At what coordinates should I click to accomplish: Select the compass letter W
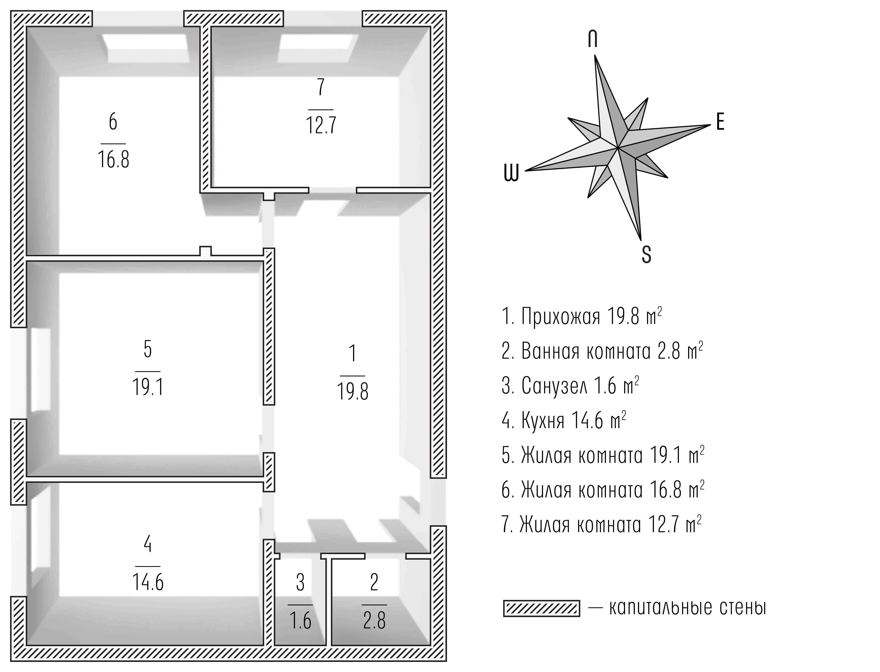pos(511,173)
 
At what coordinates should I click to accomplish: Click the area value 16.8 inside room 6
pos(114,159)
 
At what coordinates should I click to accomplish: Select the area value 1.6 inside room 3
pos(300,621)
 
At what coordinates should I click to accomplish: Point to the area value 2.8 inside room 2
pos(374,621)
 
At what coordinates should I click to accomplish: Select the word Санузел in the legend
pos(554,386)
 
